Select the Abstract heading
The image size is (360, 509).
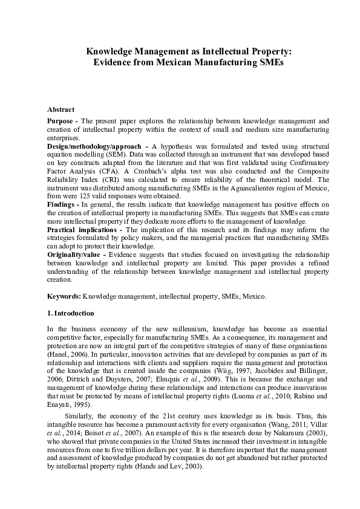61,109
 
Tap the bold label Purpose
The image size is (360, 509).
62,121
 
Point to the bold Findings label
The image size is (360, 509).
62,205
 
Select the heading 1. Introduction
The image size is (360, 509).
70,313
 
